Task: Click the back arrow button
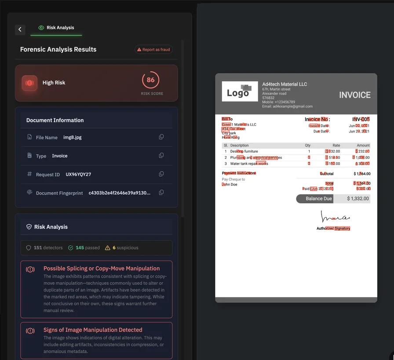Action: [x=20, y=29]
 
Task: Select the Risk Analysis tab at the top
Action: [x=56, y=28]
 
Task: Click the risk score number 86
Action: [x=151, y=80]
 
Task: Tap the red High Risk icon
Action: [x=29, y=83]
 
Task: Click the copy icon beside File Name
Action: [x=161, y=137]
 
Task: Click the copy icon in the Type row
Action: [x=161, y=156]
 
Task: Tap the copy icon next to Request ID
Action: [x=161, y=174]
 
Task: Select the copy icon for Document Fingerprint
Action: [x=161, y=193]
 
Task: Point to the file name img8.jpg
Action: [x=72, y=137]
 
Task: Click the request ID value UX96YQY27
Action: [x=78, y=175]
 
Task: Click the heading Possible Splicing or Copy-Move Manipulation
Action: [x=102, y=268]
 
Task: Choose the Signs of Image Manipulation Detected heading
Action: [x=93, y=330]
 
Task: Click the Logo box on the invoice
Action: [x=240, y=92]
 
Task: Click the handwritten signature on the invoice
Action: [x=335, y=217]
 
